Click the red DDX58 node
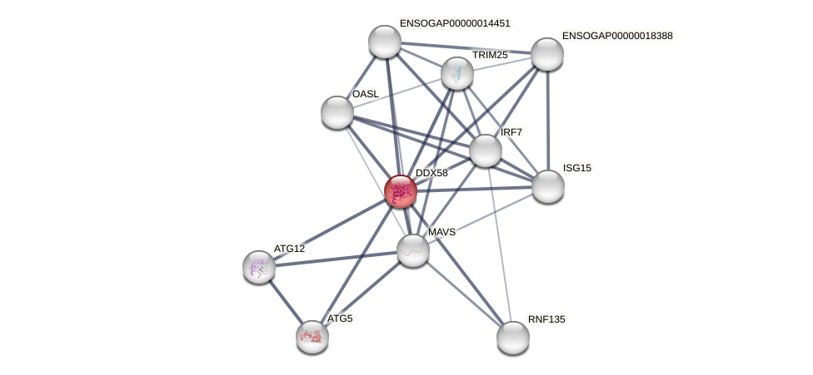[x=400, y=191]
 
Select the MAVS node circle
[x=412, y=249]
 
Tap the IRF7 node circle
[x=486, y=150]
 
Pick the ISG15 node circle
[x=547, y=185]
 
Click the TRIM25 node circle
[x=457, y=73]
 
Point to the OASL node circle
[x=337, y=112]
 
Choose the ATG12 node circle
[x=259, y=266]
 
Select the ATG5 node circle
[x=312, y=336]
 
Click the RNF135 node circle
[x=513, y=337]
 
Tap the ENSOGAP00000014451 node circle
[x=385, y=42]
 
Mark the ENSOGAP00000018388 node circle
[x=547, y=54]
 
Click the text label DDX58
[x=431, y=173]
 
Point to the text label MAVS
[x=441, y=232]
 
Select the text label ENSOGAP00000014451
[x=455, y=23]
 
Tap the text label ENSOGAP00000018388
[x=617, y=36]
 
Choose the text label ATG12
[x=289, y=249]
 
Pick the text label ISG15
[x=577, y=168]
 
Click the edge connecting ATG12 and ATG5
[x=286, y=301]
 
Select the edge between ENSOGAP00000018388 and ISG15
[x=547, y=120]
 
